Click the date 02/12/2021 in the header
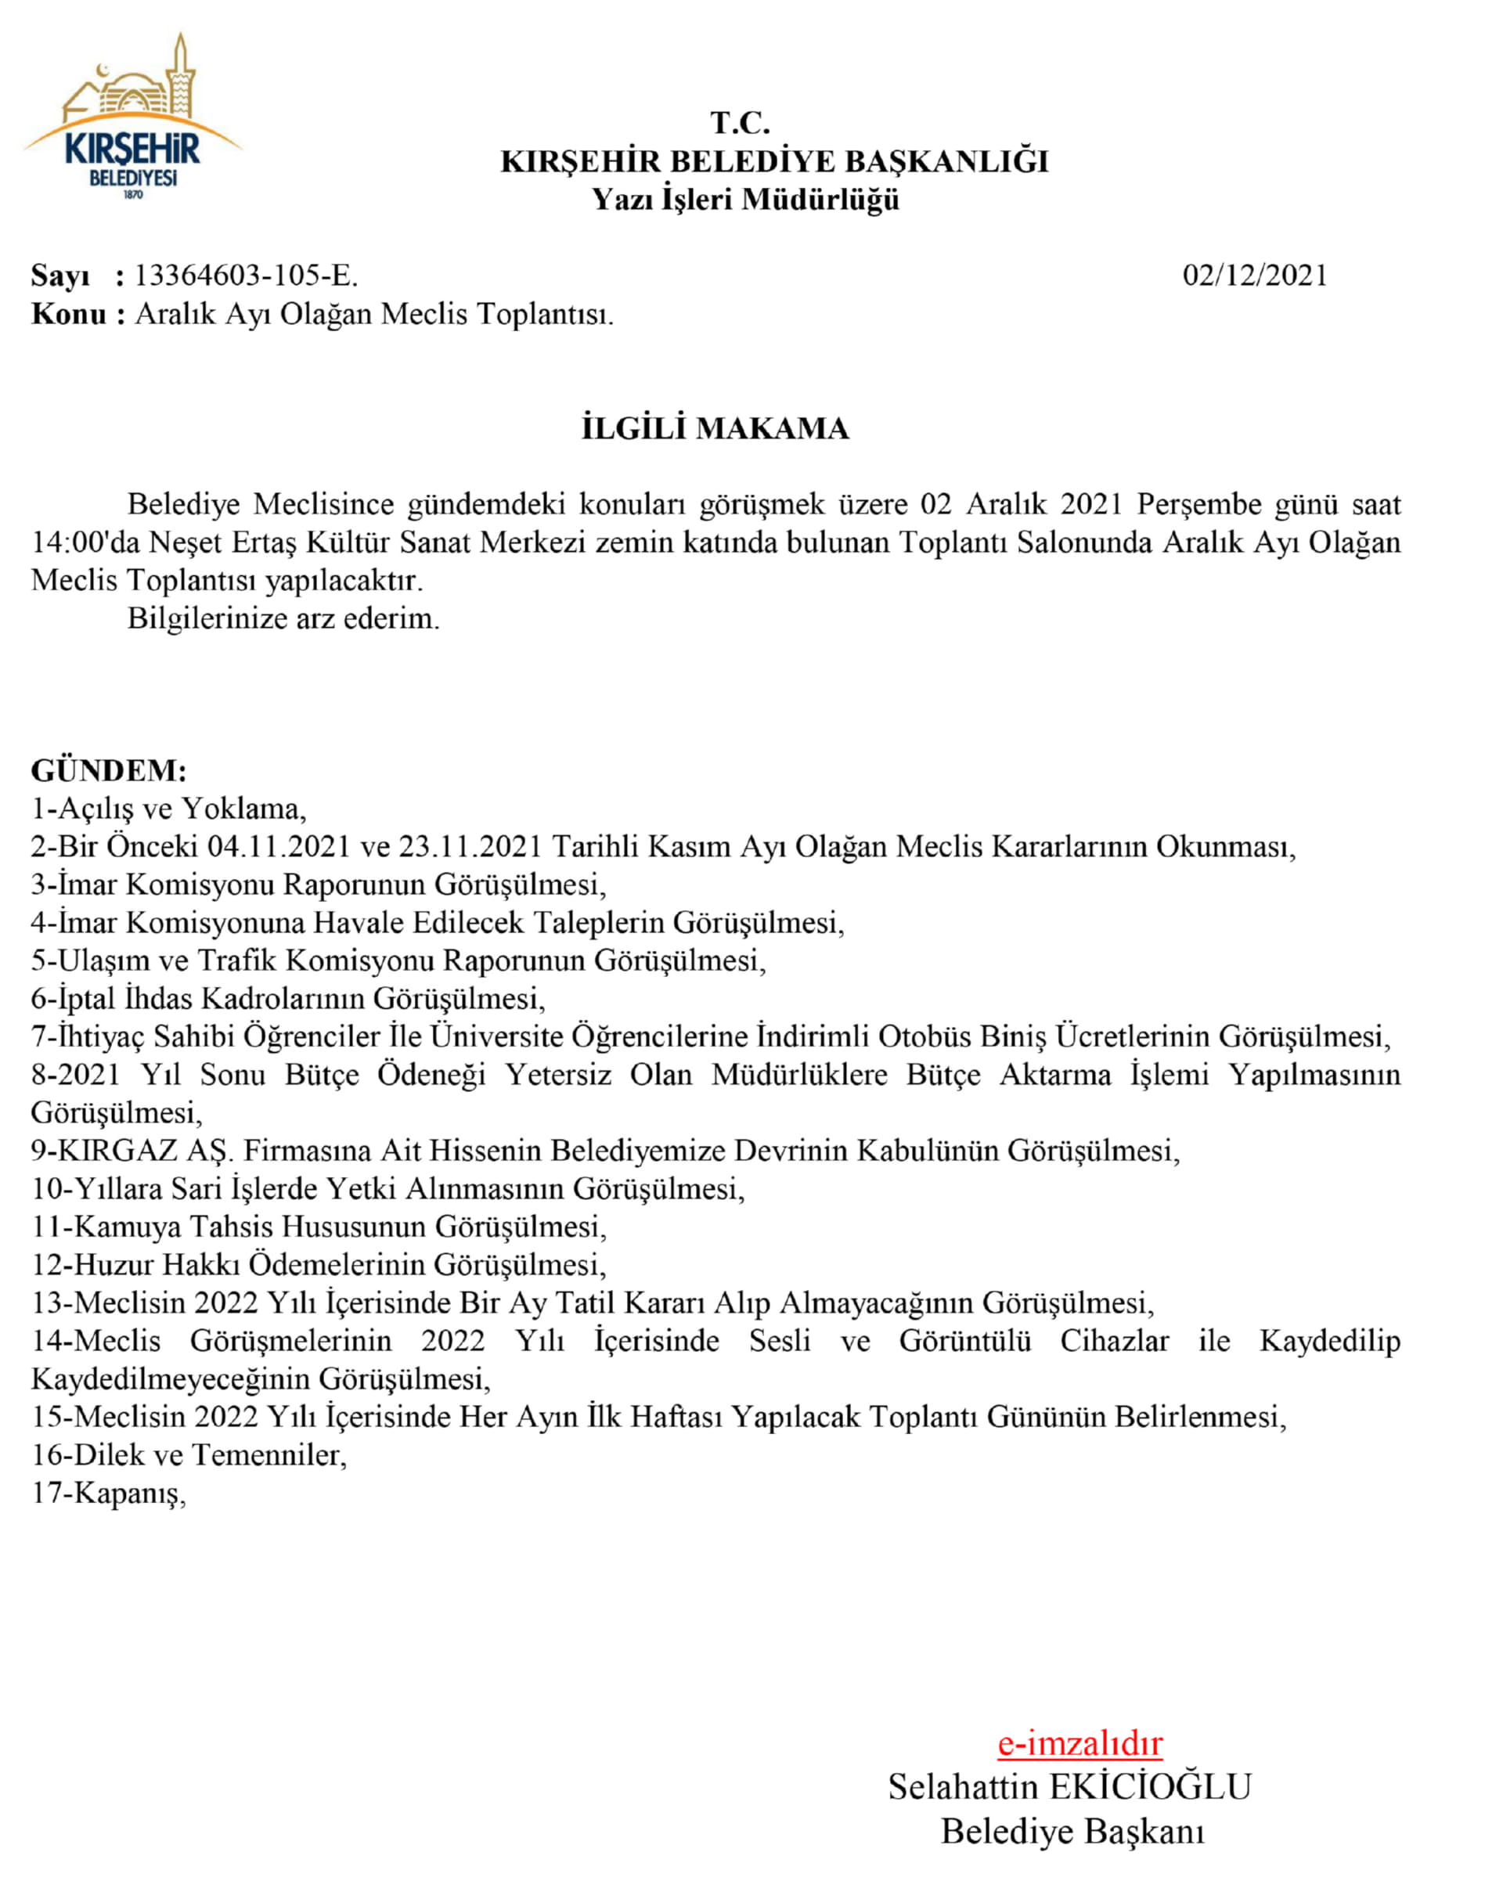tap(1254, 276)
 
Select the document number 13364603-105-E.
tap(246, 276)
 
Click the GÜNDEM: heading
tap(109, 770)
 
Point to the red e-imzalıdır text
tap(1079, 1742)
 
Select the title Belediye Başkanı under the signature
tap(1072, 1831)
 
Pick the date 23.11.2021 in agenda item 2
tap(470, 846)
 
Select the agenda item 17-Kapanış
tap(108, 1494)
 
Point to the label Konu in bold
tap(69, 314)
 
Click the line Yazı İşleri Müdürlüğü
tap(745, 200)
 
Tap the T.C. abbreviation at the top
tap(740, 123)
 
